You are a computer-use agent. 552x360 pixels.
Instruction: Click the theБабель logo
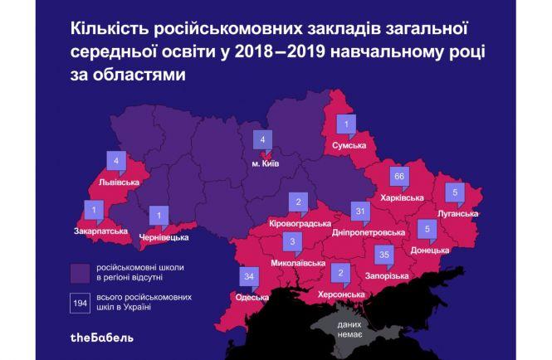click(x=100, y=338)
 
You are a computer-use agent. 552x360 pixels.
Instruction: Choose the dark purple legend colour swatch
click(x=81, y=271)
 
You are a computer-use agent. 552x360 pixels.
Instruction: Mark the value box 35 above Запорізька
click(x=383, y=254)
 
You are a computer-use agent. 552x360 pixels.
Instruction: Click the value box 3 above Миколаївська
click(x=291, y=243)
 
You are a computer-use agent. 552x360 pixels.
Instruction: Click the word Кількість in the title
click(x=105, y=30)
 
